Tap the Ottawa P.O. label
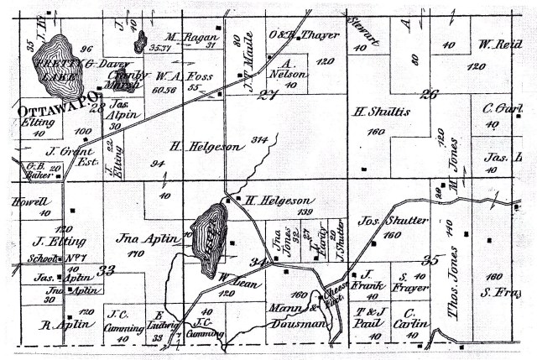click(x=46, y=107)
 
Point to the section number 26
click(x=429, y=94)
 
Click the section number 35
click(x=431, y=259)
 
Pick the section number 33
click(x=106, y=269)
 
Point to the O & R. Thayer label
click(x=293, y=34)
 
